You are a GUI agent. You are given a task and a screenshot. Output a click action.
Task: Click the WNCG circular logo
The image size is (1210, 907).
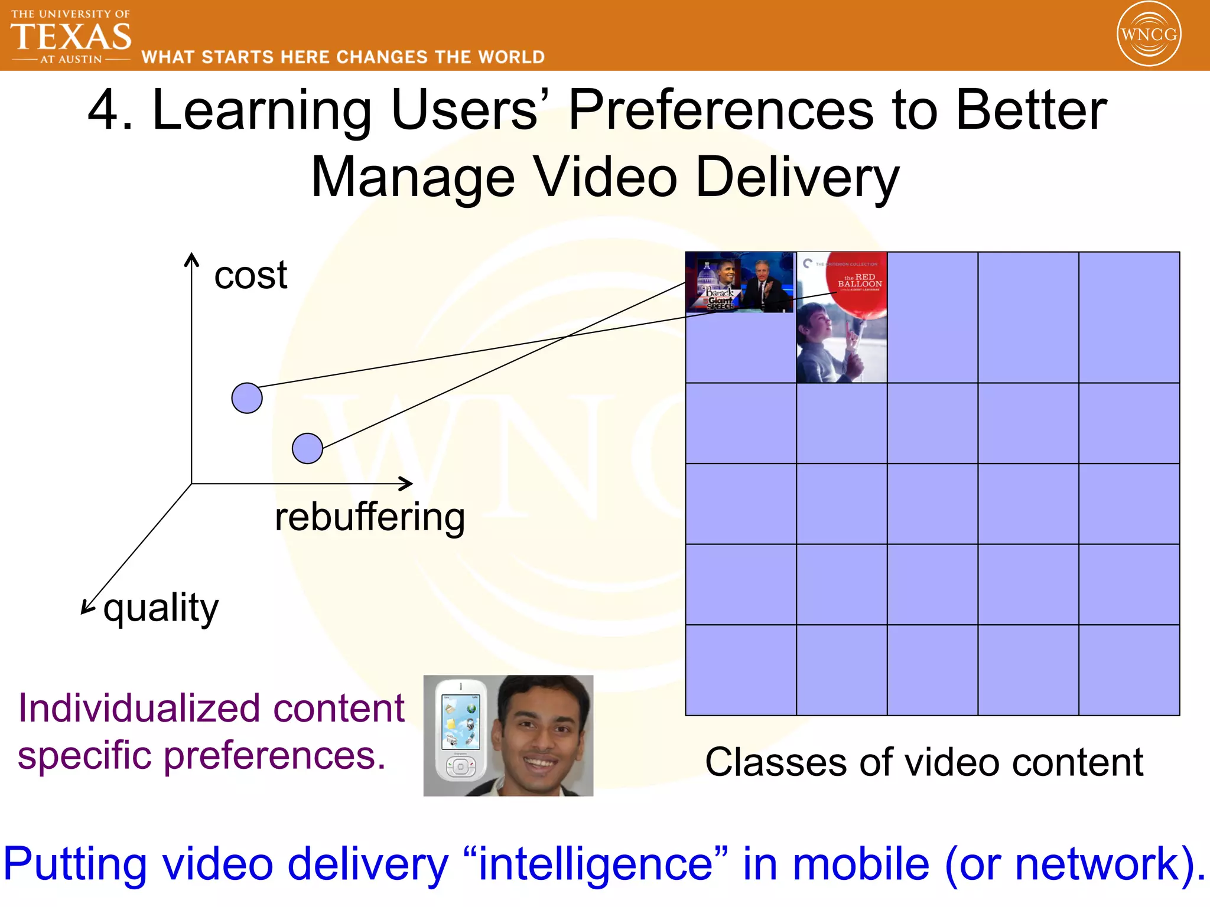tap(1149, 34)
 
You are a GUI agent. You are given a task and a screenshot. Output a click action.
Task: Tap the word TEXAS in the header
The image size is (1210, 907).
tap(71, 37)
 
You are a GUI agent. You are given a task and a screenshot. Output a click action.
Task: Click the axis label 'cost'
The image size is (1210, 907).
tap(251, 275)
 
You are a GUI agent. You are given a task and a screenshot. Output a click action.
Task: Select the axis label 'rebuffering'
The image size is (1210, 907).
tap(370, 517)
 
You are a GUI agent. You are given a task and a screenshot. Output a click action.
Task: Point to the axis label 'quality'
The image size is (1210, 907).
tap(161, 608)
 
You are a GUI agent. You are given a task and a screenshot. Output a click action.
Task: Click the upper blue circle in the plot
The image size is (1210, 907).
tap(247, 398)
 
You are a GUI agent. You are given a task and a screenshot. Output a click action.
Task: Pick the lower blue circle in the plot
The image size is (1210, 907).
tap(307, 448)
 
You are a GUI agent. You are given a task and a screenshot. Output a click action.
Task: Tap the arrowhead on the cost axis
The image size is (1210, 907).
tap(191, 259)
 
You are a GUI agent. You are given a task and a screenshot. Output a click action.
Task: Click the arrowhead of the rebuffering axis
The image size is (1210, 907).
tap(406, 484)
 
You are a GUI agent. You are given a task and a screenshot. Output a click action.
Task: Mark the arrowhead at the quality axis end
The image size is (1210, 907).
tap(86, 608)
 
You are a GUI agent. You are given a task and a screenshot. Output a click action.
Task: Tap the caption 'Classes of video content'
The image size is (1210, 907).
tap(924, 762)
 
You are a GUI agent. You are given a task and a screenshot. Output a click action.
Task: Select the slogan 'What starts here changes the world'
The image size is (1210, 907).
tap(343, 57)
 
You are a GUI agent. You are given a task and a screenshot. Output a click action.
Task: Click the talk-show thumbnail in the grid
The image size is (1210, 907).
tap(740, 282)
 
